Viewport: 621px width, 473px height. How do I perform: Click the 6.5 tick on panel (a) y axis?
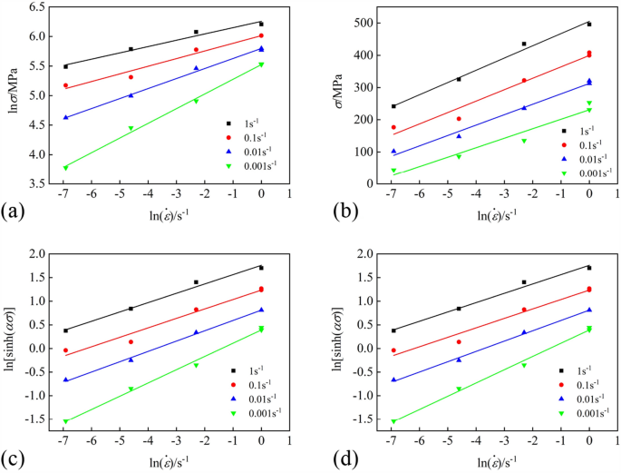click(x=39, y=7)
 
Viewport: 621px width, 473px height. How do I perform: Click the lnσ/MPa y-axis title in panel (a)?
click(x=12, y=94)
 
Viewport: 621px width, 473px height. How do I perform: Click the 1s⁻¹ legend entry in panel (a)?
click(x=249, y=122)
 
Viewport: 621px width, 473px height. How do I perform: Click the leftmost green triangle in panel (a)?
click(x=65, y=167)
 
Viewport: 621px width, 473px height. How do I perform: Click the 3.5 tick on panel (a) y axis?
click(x=39, y=183)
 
